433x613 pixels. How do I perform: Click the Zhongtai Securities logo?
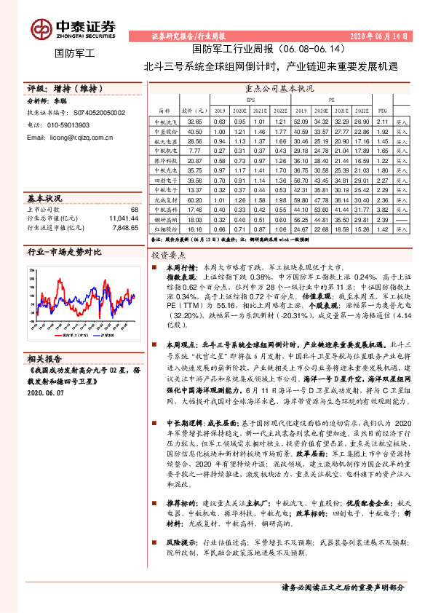coord(73,28)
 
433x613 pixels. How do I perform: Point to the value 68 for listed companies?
coord(134,210)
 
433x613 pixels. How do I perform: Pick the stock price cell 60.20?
coord(194,198)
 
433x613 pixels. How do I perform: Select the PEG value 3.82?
coord(384,208)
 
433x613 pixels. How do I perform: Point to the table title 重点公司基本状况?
coord(286,87)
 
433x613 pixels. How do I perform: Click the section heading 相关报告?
coord(45,358)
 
